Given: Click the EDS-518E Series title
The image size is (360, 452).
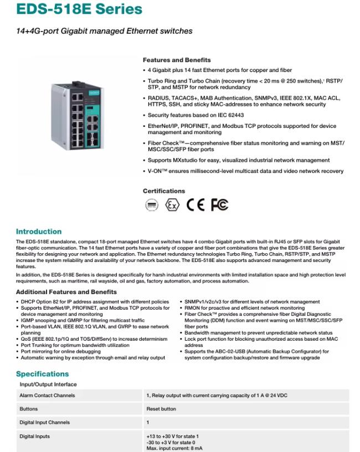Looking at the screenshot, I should [79, 9].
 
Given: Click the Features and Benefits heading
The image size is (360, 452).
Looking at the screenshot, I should [176, 60].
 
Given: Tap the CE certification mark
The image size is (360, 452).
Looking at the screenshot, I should [195, 205].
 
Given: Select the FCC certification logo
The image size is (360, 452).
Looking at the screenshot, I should [219, 205].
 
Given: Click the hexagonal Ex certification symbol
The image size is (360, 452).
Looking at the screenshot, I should [172, 205].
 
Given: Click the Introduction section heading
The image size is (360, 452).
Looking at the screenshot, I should [39, 232].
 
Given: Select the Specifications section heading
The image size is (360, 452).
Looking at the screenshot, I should [42, 374].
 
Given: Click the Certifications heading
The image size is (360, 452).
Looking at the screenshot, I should [164, 191].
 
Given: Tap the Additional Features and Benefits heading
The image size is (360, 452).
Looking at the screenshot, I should [66, 292].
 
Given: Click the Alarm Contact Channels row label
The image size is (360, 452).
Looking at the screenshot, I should [47, 395].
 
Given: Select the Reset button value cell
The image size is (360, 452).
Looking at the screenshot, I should [161, 409].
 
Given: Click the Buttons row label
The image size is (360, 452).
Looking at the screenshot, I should [29, 409].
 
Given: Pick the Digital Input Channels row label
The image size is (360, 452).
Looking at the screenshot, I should [45, 423].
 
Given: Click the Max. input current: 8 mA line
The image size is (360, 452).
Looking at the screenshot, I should [174, 448].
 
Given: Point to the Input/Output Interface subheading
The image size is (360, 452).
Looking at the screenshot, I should [48, 384].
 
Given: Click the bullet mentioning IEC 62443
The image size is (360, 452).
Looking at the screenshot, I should [196, 115].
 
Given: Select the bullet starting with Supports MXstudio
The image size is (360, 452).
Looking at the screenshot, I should [238, 160].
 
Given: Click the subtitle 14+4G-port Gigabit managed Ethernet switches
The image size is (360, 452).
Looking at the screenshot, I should [104, 31].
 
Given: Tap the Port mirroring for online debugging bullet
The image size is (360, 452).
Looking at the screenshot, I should [61, 351].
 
